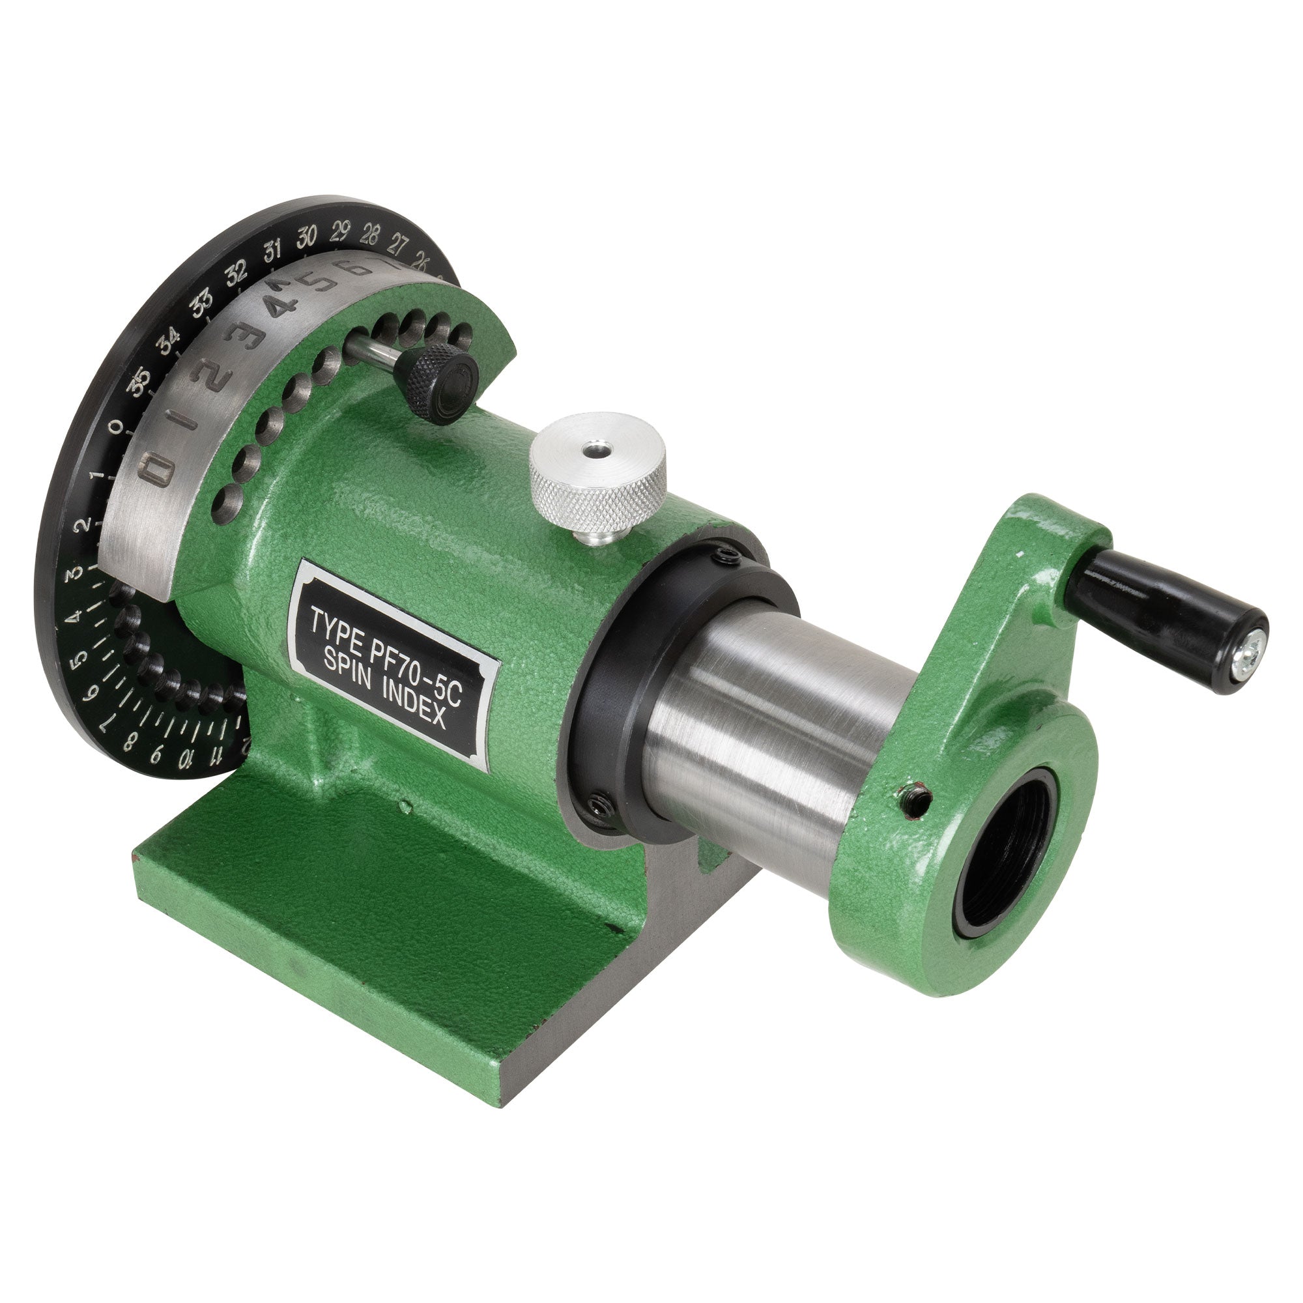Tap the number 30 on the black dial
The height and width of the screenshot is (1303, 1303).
(307, 237)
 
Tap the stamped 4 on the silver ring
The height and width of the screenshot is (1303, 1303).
(280, 307)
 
